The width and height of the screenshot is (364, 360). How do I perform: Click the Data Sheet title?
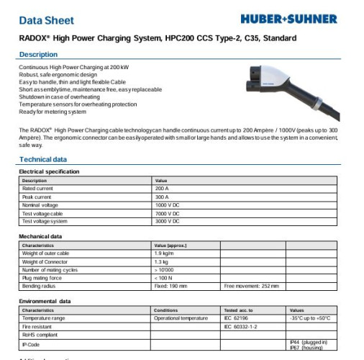pos(46,20)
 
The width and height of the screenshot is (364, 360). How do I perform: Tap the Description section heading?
pos(39,55)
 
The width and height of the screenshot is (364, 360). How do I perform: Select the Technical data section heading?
pos(43,159)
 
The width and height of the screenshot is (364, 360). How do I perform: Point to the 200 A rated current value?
pos(162,189)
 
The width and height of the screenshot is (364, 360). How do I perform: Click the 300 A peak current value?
pos(162,197)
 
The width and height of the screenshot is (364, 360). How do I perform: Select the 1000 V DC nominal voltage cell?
pos(168,205)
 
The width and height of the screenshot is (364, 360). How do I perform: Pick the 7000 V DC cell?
pos(168,213)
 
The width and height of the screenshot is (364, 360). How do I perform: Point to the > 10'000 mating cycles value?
pos(165,269)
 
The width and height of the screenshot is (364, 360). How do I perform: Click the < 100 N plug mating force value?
pos(163,277)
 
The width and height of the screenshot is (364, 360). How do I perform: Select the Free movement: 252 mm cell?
pos(251,286)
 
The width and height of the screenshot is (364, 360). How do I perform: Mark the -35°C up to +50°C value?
pos(310,318)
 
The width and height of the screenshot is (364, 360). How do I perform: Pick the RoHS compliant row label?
pos(39,334)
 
